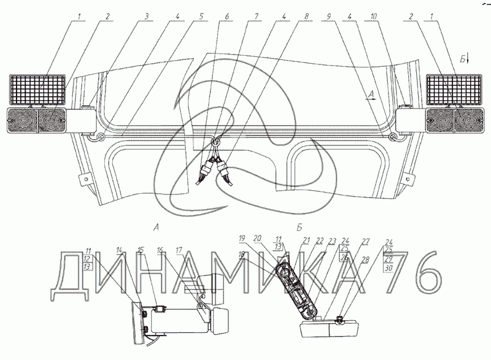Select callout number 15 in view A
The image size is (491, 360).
point(141,250)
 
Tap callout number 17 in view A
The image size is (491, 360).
point(180,250)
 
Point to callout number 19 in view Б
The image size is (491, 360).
point(242,238)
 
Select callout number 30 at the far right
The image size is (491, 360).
point(387,268)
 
